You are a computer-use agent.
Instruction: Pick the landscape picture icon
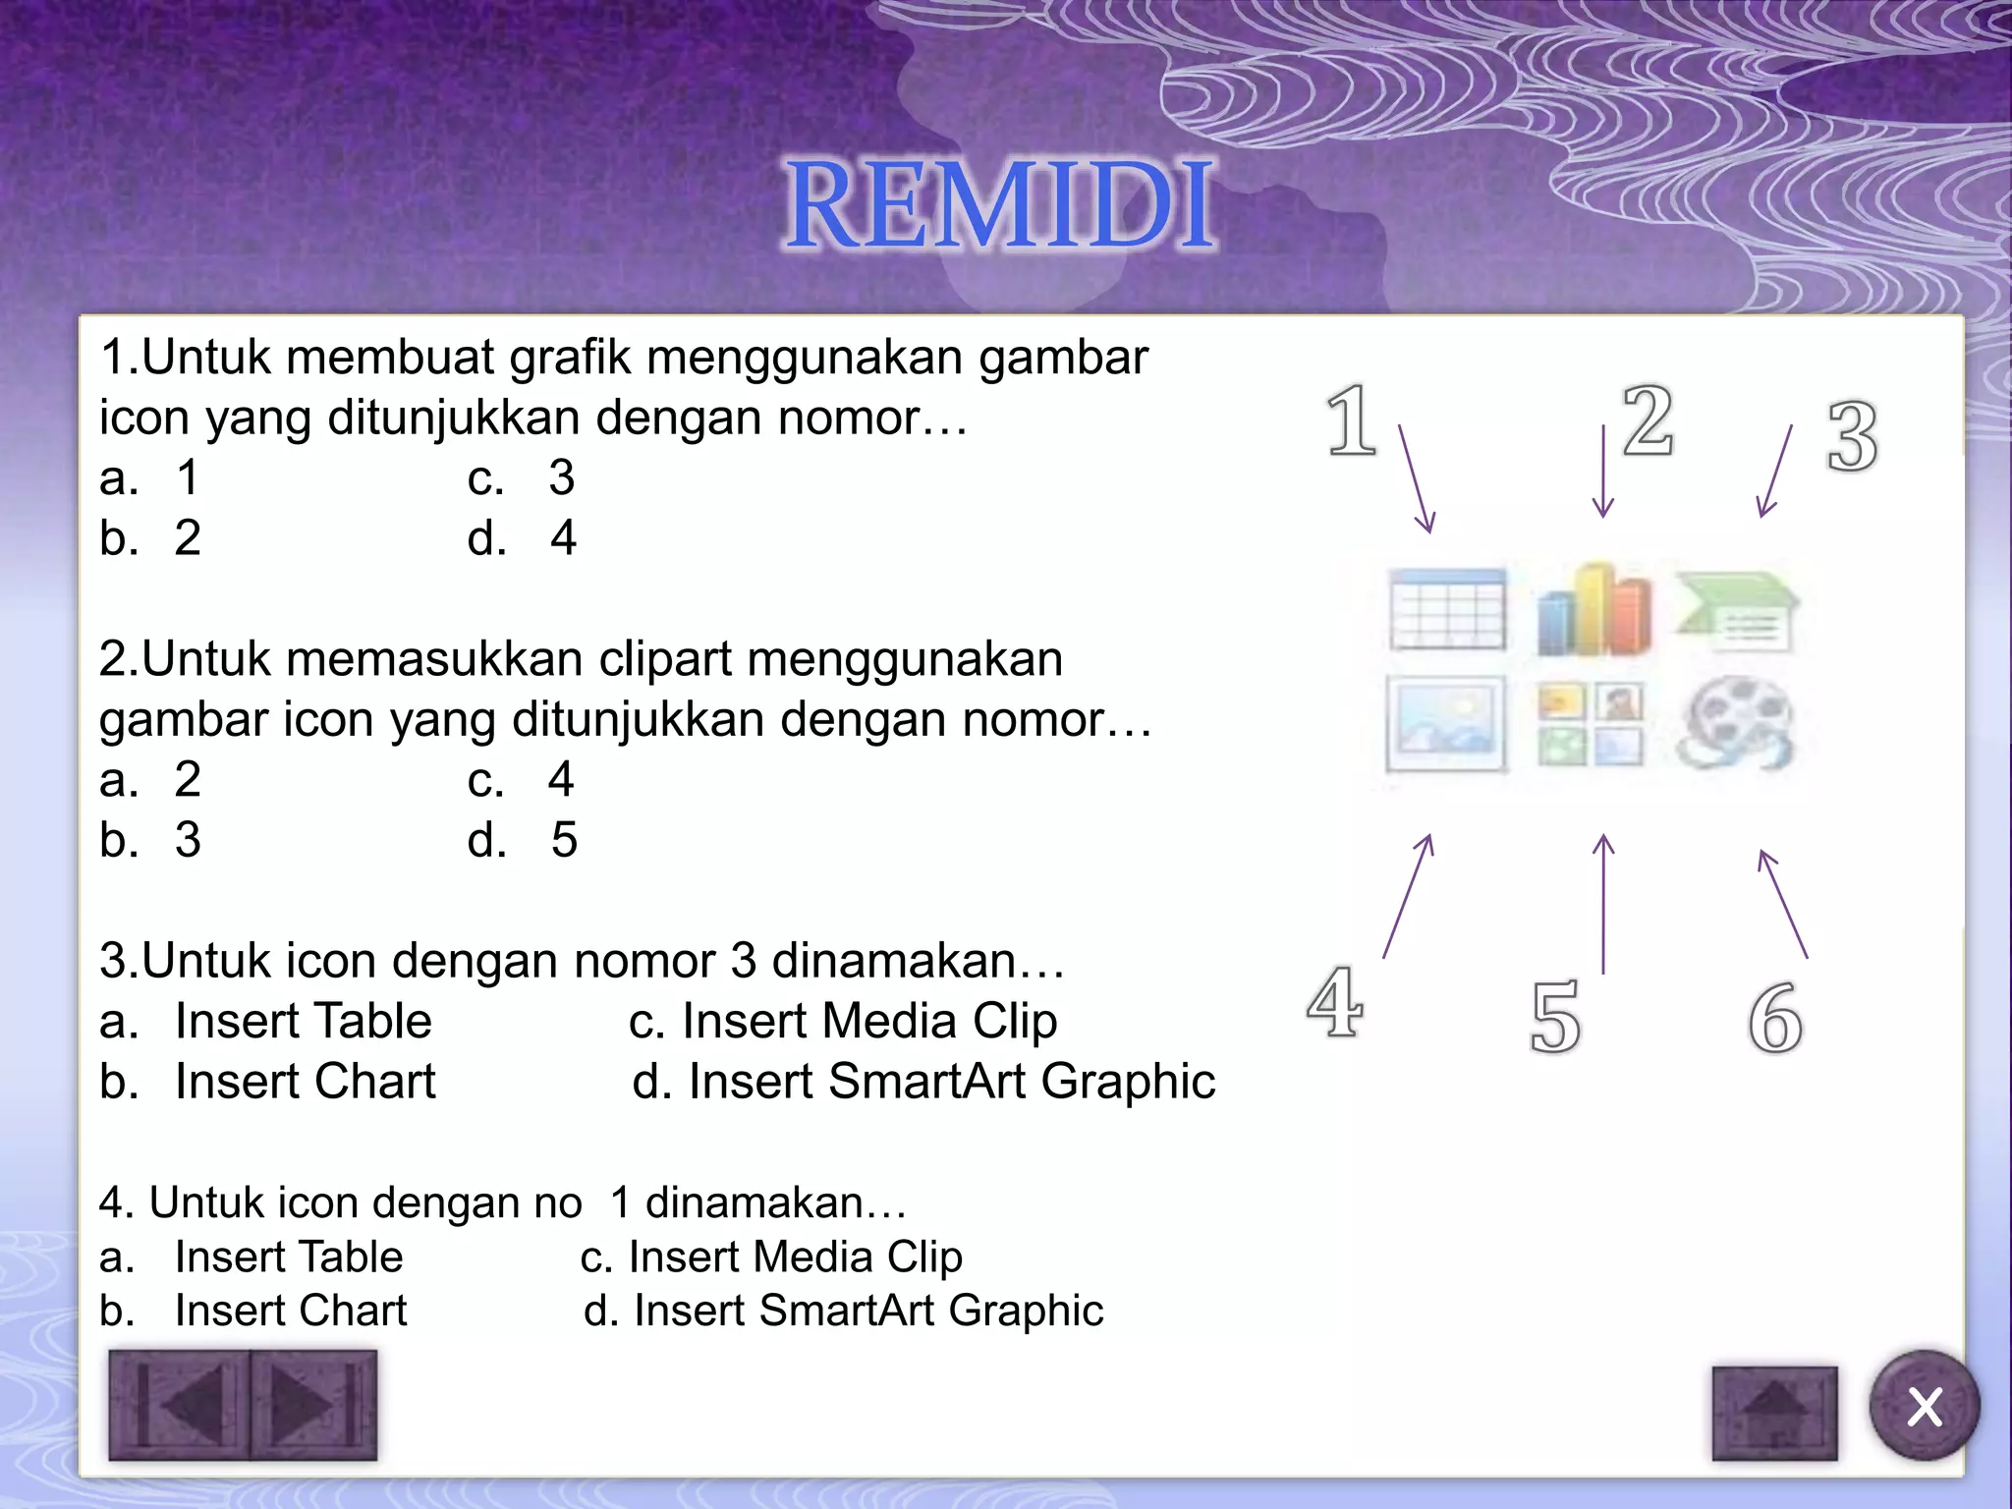pyautogui.click(x=1446, y=724)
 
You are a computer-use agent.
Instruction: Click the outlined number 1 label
pyautogui.click(x=1352, y=421)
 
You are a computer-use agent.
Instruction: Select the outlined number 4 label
pyautogui.click(x=1335, y=1002)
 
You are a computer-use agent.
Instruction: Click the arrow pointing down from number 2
pyautogui.click(x=1603, y=472)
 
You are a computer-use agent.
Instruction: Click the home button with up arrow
pyautogui.click(x=1774, y=1413)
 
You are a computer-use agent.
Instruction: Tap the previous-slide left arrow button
pyautogui.click(x=180, y=1405)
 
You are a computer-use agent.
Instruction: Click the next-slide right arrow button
pyautogui.click(x=312, y=1405)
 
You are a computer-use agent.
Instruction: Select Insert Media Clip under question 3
pyautogui.click(x=843, y=1021)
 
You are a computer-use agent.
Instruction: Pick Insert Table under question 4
pyautogui.click(x=289, y=1257)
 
